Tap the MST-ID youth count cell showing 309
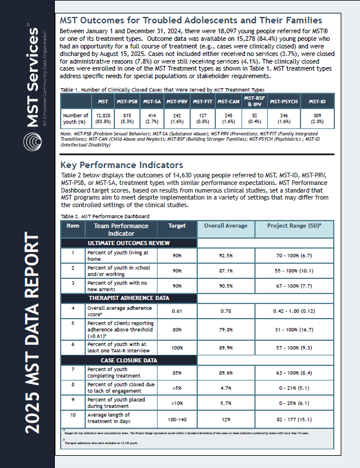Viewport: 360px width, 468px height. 317,118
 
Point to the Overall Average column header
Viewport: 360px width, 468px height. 226,229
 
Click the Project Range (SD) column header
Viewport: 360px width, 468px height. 294,229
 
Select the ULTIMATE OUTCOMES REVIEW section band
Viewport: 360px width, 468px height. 128,243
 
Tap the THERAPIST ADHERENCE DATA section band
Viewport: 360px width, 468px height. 128,298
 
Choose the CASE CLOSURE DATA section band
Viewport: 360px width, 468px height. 128,360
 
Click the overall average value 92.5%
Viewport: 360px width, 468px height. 226,255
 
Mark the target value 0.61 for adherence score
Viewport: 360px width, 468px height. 177,310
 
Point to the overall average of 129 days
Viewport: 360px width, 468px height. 226,420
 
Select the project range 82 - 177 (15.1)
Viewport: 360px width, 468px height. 294,420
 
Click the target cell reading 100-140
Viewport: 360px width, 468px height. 177,420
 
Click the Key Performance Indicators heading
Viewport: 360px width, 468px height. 121,165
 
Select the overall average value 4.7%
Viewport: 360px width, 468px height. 226,387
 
